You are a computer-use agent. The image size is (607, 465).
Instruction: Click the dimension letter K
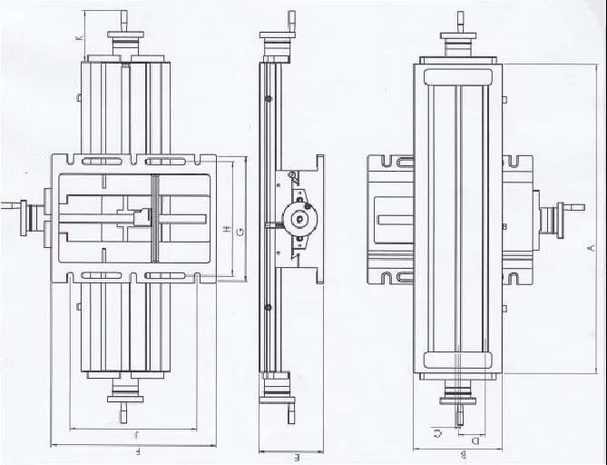pos(79,37)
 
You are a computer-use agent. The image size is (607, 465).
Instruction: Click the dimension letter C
pos(439,432)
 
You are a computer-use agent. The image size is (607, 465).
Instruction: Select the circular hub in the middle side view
pos(298,216)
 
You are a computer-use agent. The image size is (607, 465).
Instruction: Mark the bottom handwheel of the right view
pos(459,396)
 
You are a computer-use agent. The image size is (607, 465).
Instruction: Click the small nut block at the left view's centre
pos(141,217)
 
